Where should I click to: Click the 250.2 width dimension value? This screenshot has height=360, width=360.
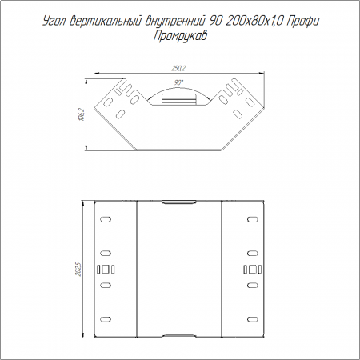(x=178, y=68)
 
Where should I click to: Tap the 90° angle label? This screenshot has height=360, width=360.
(x=179, y=82)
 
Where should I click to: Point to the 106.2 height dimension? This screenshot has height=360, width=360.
(x=82, y=114)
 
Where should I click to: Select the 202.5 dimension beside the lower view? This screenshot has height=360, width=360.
(x=79, y=269)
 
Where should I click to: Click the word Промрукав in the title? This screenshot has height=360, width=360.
(x=181, y=36)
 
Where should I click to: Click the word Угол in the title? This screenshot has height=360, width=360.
(x=54, y=22)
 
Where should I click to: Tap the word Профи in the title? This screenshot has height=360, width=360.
(x=302, y=22)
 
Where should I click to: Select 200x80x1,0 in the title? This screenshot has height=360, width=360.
(x=254, y=21)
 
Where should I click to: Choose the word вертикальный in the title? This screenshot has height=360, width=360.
(x=106, y=22)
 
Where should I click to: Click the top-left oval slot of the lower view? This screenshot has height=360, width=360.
(x=106, y=219)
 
